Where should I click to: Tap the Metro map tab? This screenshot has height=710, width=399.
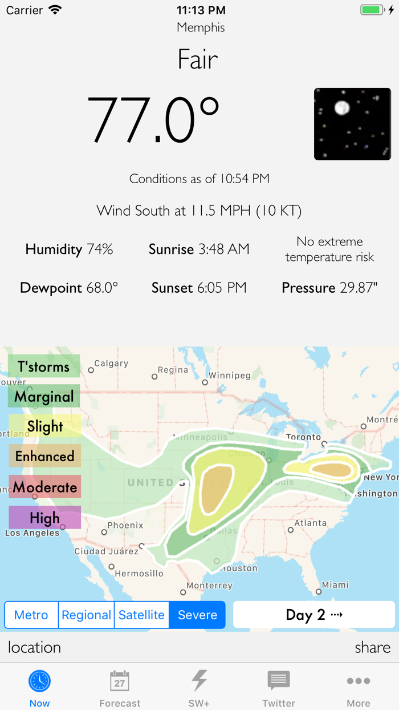31,615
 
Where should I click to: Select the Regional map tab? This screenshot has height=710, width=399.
86,615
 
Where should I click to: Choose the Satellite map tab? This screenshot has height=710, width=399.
141,615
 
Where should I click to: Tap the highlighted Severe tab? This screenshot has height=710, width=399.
197,615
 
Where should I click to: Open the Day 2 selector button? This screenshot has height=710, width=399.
314,615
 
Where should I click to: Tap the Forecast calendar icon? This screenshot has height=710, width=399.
120,681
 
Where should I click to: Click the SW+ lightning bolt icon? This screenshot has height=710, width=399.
199,681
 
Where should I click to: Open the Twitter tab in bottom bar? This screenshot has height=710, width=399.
279,688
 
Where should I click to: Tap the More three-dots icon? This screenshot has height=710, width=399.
359,681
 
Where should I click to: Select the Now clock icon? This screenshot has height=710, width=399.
39,681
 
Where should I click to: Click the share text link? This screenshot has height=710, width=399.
372,647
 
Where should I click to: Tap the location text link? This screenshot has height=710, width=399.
34,647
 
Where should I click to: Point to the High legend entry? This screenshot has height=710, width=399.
44,518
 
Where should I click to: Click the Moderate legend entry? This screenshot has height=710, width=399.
44,487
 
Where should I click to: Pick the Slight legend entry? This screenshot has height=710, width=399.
44,426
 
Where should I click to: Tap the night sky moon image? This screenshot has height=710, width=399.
352,124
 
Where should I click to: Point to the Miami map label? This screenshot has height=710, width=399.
335,585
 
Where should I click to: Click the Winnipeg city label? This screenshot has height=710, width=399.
229,376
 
